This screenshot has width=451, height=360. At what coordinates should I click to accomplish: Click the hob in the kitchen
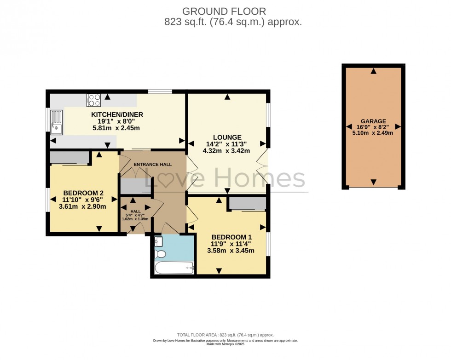tap(94, 100)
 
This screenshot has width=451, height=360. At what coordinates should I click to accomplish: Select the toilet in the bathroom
tap(161, 254)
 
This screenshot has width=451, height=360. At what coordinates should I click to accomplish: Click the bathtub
tap(174, 268)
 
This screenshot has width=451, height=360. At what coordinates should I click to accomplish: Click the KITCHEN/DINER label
tap(117, 114)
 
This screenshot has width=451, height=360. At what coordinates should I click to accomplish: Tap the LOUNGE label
tap(227, 137)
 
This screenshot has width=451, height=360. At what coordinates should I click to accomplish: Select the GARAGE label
tap(373, 121)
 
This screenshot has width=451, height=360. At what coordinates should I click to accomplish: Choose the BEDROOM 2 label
tap(83, 193)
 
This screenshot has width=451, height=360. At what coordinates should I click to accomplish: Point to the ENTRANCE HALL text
tap(152, 165)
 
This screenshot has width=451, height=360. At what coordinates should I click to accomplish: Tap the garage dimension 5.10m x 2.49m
tap(373, 133)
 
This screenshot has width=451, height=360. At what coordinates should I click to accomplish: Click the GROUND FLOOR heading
tap(224, 11)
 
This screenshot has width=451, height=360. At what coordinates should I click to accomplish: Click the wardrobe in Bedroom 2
tap(69, 158)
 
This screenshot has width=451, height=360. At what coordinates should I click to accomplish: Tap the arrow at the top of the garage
tap(374, 71)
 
